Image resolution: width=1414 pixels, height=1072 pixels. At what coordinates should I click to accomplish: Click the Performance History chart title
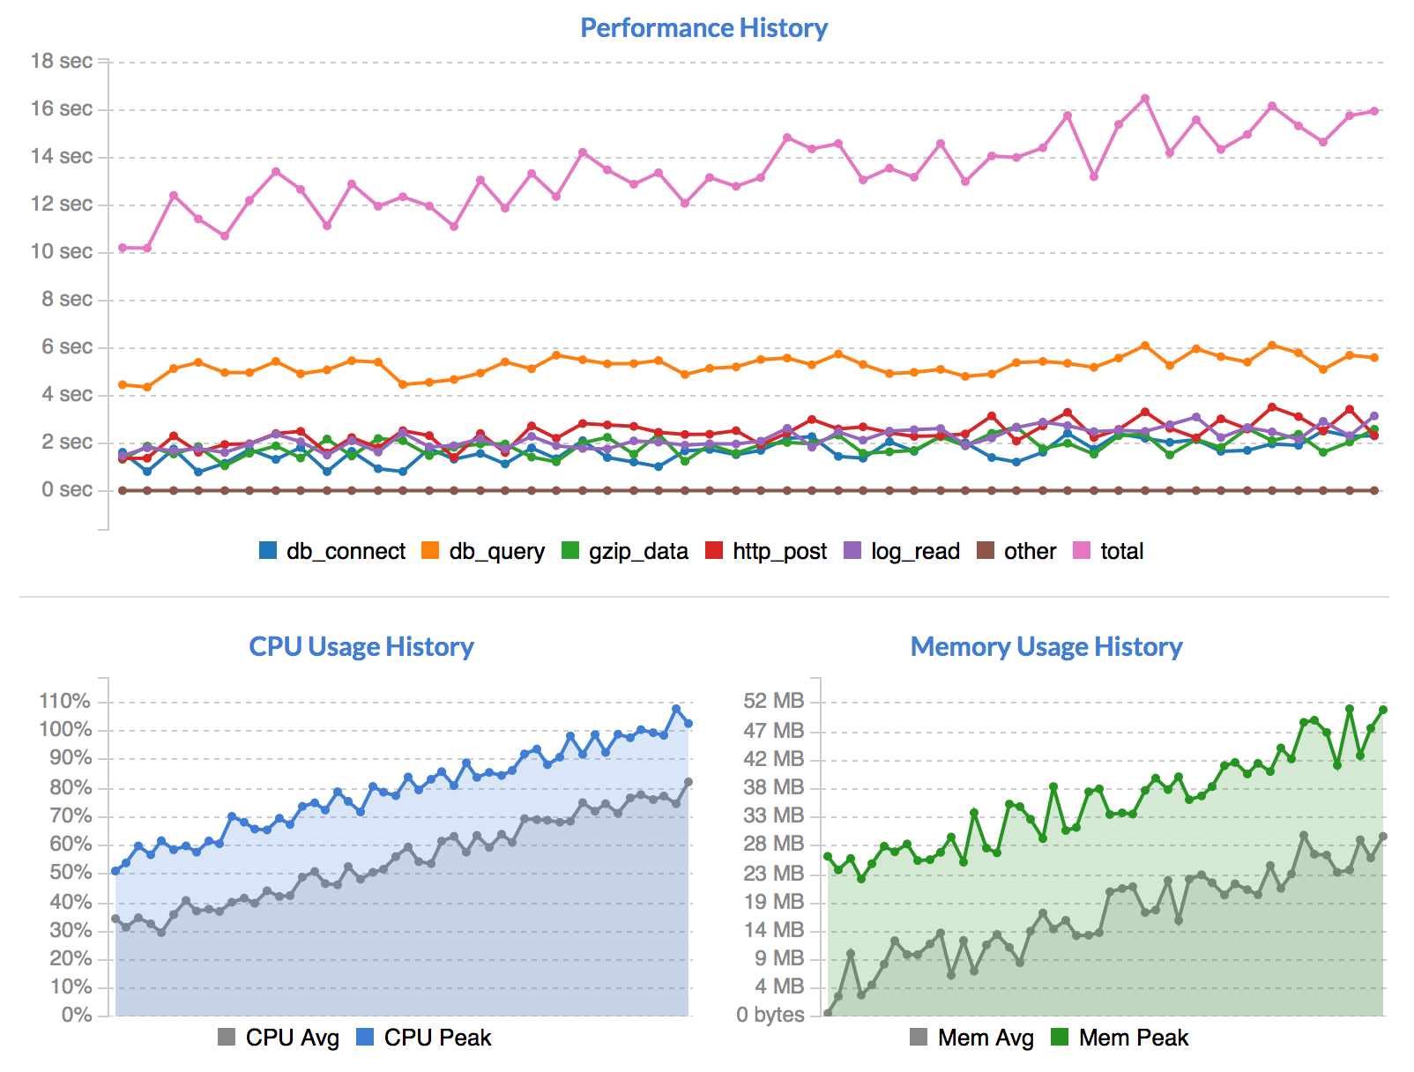click(703, 28)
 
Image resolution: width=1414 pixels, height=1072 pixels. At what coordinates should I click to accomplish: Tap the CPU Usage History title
click(361, 647)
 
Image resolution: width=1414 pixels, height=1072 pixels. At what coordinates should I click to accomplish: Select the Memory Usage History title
click(1046, 647)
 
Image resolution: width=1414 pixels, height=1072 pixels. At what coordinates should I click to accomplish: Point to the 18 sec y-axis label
click(62, 61)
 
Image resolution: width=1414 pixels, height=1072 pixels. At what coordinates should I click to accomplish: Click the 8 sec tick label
click(67, 299)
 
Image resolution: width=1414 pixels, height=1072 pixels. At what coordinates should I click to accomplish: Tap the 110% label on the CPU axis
click(65, 701)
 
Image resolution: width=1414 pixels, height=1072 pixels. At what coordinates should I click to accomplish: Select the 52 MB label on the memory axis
click(774, 701)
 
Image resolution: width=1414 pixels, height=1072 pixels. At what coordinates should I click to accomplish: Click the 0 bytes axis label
click(770, 1015)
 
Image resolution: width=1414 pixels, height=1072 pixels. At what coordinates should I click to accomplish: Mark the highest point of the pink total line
click(1145, 99)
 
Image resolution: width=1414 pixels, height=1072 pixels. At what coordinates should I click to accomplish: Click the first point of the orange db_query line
click(123, 384)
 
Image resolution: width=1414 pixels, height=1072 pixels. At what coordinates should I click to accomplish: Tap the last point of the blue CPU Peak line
click(688, 724)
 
